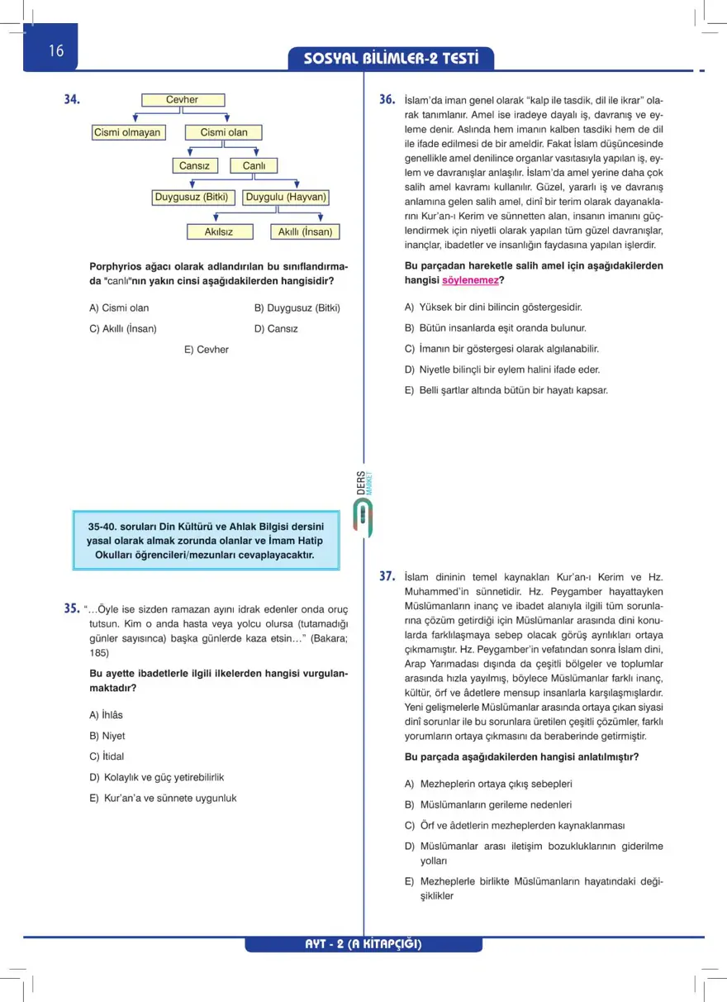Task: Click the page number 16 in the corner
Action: pyautogui.click(x=56, y=50)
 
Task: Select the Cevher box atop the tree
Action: pyautogui.click(x=183, y=100)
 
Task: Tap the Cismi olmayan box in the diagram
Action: pyautogui.click(x=127, y=132)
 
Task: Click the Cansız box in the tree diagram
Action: pyautogui.click(x=195, y=165)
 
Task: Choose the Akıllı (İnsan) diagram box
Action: pyautogui.click(x=305, y=232)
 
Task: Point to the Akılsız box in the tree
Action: pyautogui.click(x=218, y=232)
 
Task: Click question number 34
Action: pyautogui.click(x=73, y=100)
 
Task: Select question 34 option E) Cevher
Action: pyautogui.click(x=207, y=350)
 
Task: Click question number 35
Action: pyautogui.click(x=71, y=609)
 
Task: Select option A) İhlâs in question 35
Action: pyautogui.click(x=106, y=714)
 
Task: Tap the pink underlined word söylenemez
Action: pyautogui.click(x=470, y=280)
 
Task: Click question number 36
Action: pyautogui.click(x=387, y=100)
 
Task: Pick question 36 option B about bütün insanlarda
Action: pyautogui.click(x=496, y=328)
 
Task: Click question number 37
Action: pyautogui.click(x=387, y=576)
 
